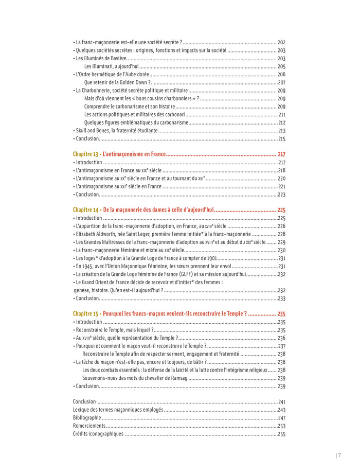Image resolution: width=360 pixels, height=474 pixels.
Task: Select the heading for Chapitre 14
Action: coord(143,210)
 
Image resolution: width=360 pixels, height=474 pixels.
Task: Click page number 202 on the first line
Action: coord(281,42)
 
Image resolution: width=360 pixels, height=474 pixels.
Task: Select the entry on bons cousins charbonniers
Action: coord(141,98)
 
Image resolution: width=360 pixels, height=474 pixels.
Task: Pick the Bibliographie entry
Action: coord(87,418)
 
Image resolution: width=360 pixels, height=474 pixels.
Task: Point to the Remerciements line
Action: coord(89,426)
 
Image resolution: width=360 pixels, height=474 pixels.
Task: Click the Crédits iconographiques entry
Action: coord(98,434)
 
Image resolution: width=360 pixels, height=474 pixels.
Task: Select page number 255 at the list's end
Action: coord(281,434)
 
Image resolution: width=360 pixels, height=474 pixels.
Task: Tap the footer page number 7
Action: coord(339,455)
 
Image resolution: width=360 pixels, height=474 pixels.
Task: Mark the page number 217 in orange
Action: coord(281,154)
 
